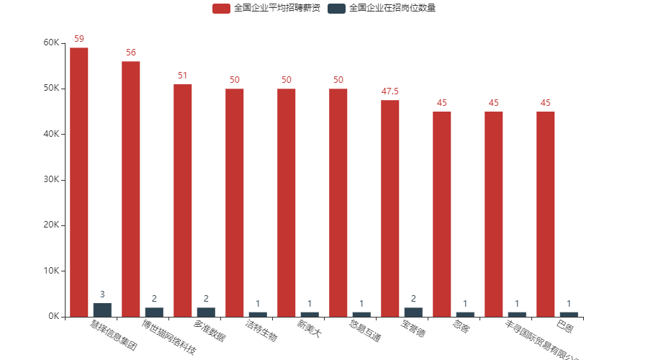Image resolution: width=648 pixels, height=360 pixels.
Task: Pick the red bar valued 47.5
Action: pos(390,208)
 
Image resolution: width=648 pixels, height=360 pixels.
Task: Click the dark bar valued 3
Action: pos(102,310)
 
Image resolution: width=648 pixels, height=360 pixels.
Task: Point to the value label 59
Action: pos(79,38)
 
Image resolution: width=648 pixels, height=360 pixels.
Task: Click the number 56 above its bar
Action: pos(131,53)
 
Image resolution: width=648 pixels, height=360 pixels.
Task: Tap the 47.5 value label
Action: pos(390,91)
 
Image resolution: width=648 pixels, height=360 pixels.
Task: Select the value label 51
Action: pos(183,76)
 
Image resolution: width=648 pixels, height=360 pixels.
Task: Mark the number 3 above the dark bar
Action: pos(102,294)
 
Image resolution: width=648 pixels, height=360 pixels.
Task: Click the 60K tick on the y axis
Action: pos(51,42)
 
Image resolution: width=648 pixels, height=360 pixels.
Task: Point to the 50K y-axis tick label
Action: pos(51,89)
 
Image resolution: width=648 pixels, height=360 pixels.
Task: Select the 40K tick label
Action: pos(51,134)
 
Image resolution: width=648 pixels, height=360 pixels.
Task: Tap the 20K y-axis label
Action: pos(51,225)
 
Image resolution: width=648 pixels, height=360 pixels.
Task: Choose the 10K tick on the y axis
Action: pos(51,271)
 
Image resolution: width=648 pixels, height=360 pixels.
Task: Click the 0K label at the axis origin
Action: pos(53,317)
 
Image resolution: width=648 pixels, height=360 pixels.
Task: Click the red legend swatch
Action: pos(221,9)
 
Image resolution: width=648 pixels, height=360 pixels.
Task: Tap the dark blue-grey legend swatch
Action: pos(336,9)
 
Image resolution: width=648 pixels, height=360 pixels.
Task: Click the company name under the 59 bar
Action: pos(113,337)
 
